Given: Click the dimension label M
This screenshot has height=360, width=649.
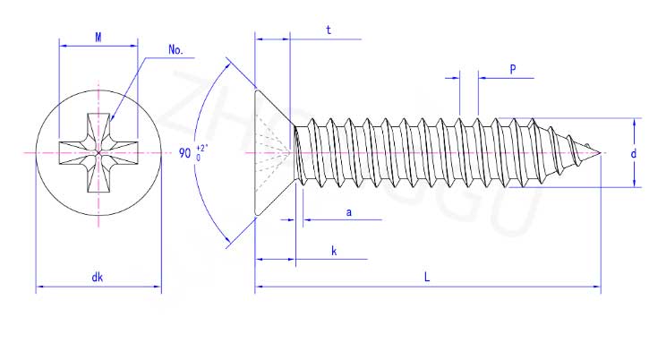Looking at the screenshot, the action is [98, 38].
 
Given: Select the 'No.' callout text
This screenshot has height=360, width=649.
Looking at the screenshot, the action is [175, 50].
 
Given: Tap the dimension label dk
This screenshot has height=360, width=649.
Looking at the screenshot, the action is [98, 277].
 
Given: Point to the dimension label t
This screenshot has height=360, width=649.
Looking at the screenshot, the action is [329, 30].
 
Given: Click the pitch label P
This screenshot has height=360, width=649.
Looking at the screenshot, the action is [513, 69].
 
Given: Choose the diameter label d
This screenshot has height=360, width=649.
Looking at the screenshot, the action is [634, 154].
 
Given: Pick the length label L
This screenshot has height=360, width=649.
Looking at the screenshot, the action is [427, 277].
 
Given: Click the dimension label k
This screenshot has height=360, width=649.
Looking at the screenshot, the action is [334, 251].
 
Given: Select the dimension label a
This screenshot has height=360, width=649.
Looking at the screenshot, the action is [349, 213].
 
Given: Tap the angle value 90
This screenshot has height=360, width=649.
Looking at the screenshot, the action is [184, 153].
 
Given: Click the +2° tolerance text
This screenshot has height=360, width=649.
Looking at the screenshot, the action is [201, 148].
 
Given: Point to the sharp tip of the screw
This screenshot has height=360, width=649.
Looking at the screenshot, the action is [600, 153].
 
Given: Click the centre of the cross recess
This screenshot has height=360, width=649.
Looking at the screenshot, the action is [98, 153].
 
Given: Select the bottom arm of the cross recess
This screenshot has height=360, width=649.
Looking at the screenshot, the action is [98, 179].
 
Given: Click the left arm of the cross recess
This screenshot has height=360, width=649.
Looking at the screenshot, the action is [73, 153].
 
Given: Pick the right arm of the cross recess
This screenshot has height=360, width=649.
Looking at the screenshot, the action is [124, 153].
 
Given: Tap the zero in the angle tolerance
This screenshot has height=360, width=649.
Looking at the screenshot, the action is [198, 158].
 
